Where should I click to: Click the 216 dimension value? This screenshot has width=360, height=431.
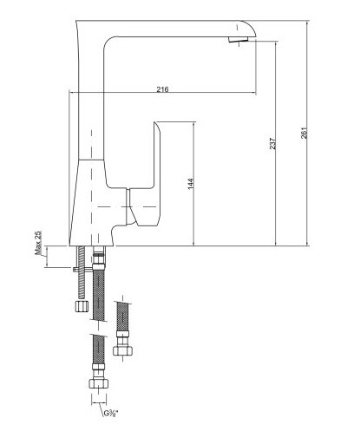[162, 89]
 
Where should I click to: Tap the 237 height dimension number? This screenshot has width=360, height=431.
[272, 143]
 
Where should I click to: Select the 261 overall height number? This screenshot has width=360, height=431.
[304, 133]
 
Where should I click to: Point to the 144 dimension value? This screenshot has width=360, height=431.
[191, 184]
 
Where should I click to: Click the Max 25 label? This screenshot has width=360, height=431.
[38, 243]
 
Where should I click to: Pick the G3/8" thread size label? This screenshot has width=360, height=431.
[111, 414]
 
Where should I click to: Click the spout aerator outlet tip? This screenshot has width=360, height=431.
[238, 40]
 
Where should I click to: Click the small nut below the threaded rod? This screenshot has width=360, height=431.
[82, 306]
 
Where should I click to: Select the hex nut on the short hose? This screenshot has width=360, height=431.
[123, 351]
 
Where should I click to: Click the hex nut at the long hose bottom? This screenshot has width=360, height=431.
[99, 383]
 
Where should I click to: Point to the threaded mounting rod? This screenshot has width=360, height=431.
[82, 272]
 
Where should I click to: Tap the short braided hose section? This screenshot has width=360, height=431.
[123, 317]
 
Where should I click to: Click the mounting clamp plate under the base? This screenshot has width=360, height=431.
[82, 269]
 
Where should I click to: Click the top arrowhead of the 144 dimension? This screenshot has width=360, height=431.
[193, 124]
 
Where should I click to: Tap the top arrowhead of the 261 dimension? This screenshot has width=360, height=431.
[307, 23]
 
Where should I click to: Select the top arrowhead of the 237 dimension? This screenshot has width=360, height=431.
[276, 43]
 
